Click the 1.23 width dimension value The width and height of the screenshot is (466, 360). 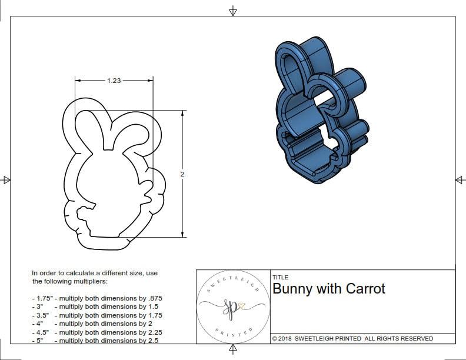[114, 81]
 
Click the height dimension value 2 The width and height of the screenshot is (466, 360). [182, 174]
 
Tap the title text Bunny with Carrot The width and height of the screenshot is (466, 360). [329, 289]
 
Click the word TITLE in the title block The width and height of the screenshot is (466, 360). [281, 278]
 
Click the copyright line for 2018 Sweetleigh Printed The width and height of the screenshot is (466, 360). [352, 338]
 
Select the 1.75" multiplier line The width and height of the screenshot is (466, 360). [96, 298]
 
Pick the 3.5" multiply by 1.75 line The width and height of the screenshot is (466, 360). [96, 315]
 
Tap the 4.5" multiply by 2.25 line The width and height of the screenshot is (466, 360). [96, 332]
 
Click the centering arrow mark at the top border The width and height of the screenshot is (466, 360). [233, 11]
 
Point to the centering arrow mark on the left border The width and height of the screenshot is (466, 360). [6, 180]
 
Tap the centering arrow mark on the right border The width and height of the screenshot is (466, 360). [460, 180]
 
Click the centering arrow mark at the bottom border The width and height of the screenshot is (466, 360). [233, 350]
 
